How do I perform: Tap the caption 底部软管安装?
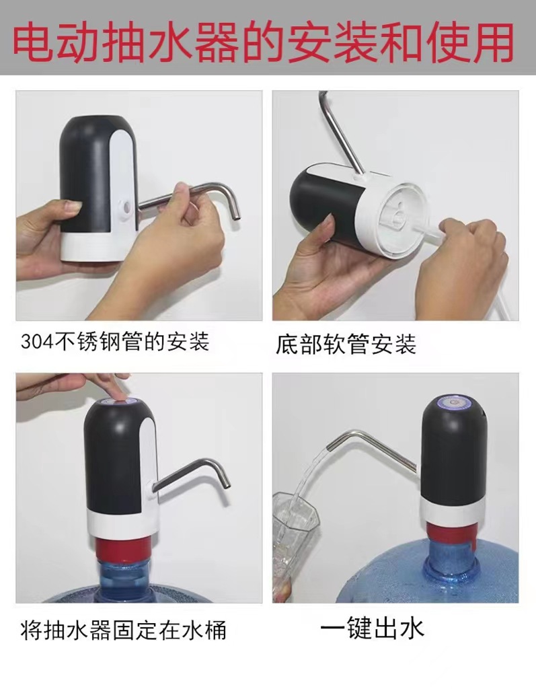pos(346,344)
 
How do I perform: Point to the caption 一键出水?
pos(371,628)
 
